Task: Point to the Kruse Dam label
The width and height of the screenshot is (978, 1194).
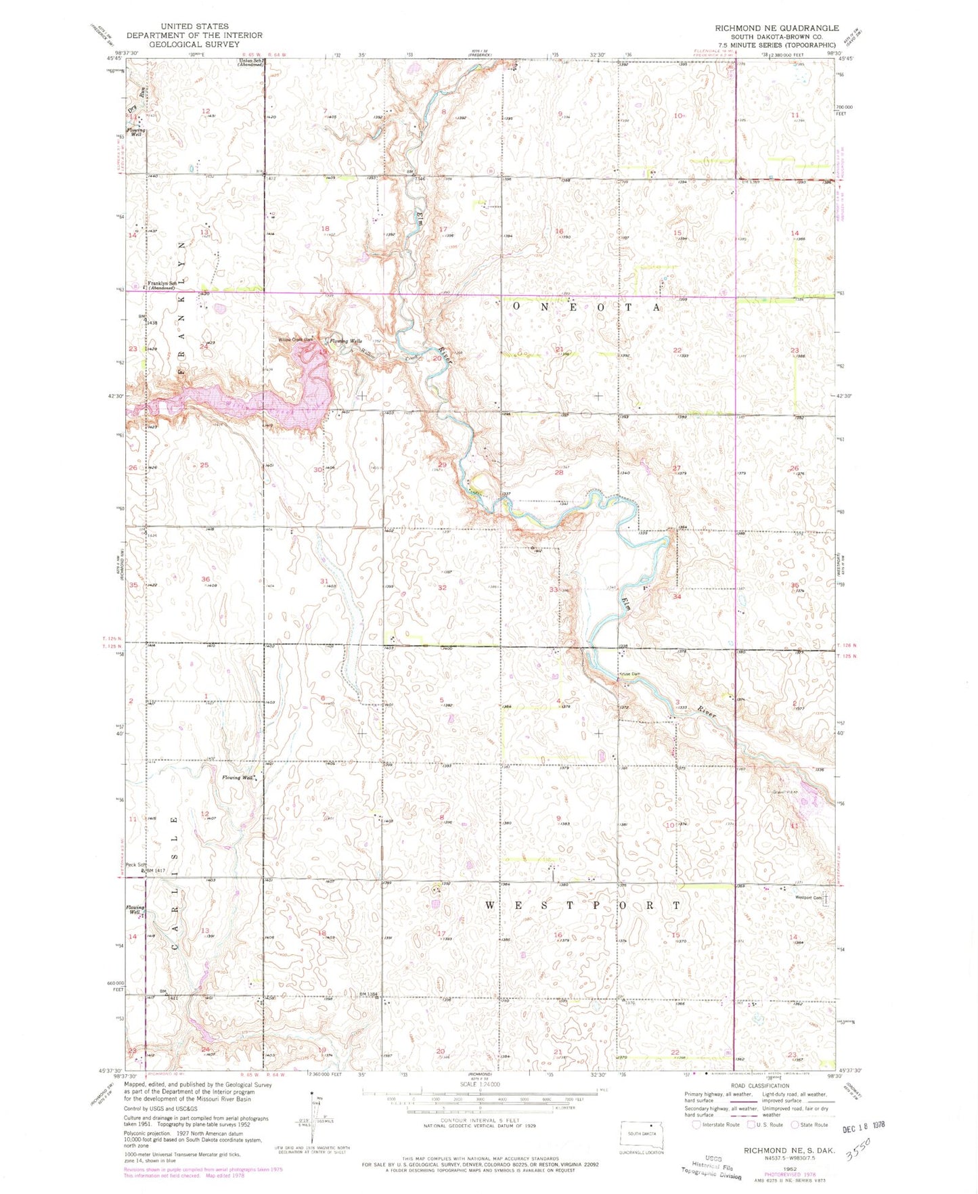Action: [x=629, y=674]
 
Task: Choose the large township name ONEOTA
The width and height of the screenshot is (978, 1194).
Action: [x=586, y=307]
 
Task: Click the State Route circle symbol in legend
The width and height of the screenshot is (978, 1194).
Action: [x=794, y=1125]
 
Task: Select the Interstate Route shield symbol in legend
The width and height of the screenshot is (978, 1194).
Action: [x=696, y=1125]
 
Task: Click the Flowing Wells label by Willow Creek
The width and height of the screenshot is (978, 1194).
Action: [x=346, y=341]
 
